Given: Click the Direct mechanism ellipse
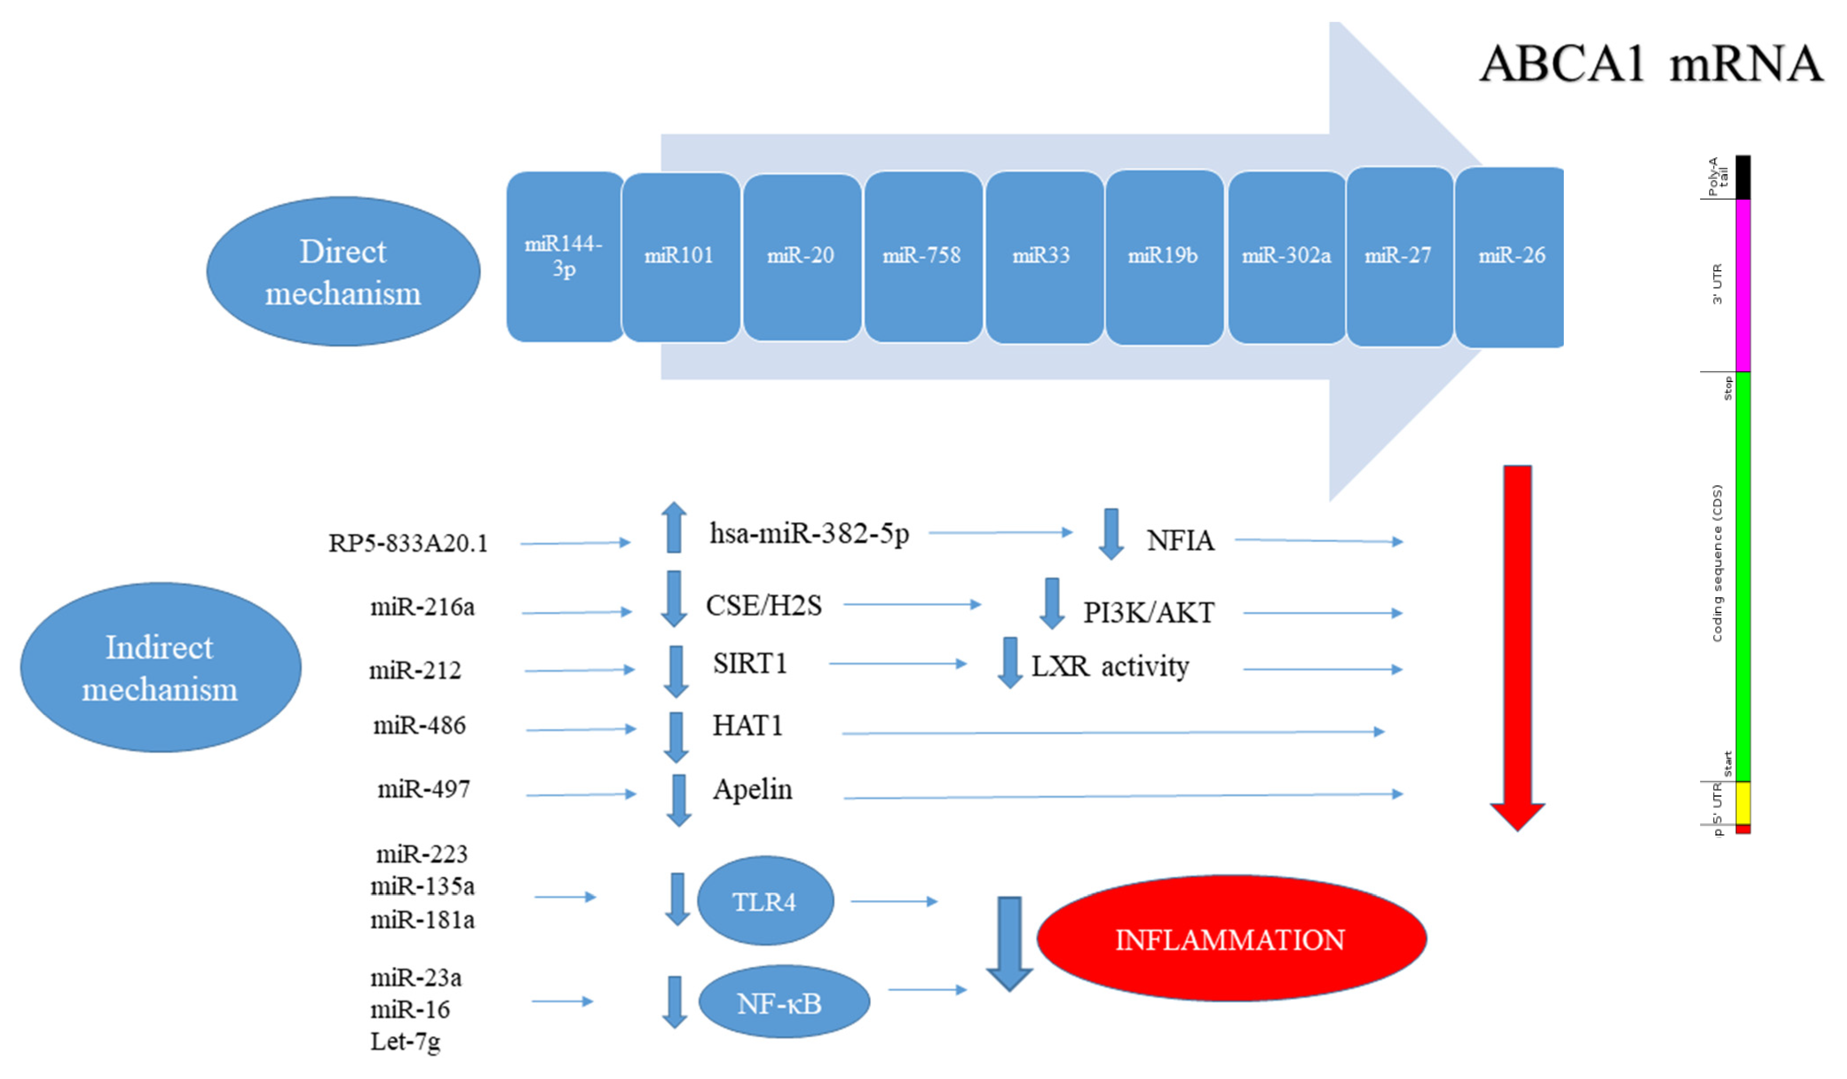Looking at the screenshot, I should [x=343, y=271].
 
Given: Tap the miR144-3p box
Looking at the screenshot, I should [x=564, y=257].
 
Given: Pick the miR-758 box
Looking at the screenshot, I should [x=922, y=257].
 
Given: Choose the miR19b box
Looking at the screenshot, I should [x=1163, y=257].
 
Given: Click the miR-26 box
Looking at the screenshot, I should [x=1510, y=257].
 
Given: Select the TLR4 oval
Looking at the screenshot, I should [x=764, y=901].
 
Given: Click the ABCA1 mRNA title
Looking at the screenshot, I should [x=1650, y=64].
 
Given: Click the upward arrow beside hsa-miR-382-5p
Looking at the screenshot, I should [x=673, y=528].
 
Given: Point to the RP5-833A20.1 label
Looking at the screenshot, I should [x=407, y=543].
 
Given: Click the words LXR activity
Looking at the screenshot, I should [x=1110, y=666].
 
